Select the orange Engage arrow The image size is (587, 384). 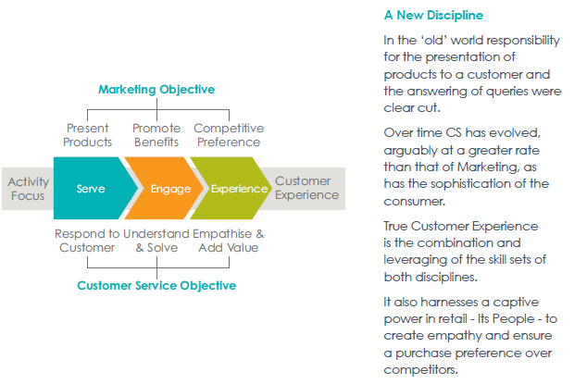pos(165,188)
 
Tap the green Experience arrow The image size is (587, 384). pos(231,188)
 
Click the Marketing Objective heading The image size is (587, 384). pos(156,90)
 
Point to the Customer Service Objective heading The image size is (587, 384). pos(156,286)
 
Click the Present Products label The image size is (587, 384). pos(88,135)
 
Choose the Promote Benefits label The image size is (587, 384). pos(156,135)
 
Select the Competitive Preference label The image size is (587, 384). pos(229,135)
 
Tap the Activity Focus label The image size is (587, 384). pos(28,189)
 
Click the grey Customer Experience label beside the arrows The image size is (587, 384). pos(307,188)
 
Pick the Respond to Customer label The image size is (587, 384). pos(87,241)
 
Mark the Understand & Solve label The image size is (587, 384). pos(156,241)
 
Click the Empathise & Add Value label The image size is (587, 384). pos(229,241)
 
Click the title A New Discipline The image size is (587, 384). pos(433,16)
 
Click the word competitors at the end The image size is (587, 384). pos(420,370)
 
